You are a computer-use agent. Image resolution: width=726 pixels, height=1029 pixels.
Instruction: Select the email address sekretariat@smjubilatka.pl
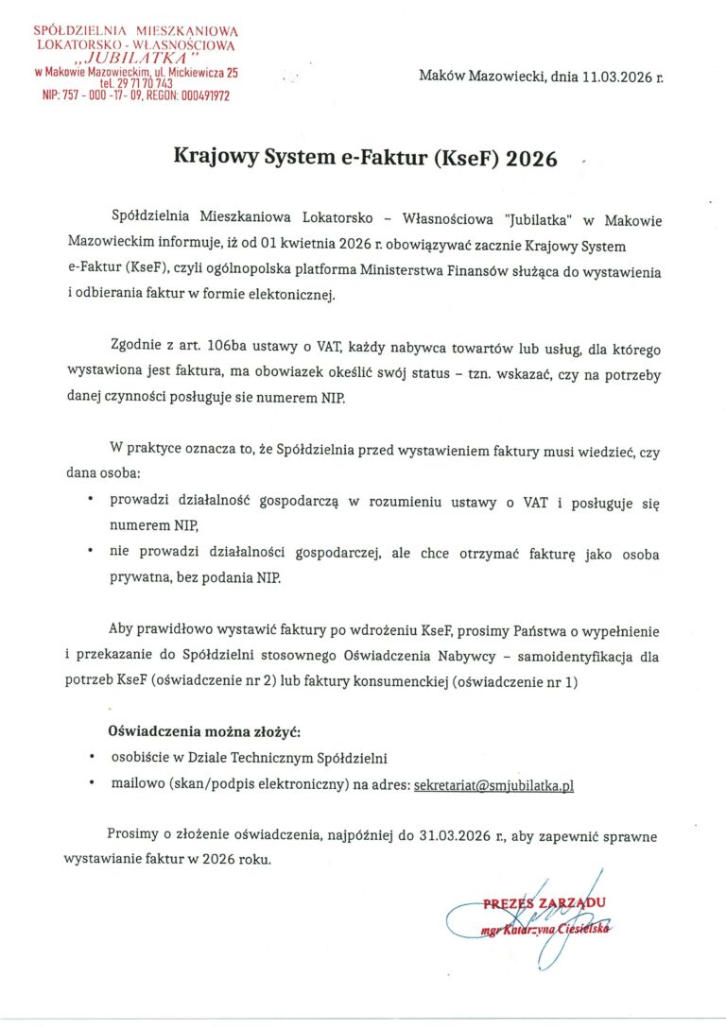point(494,784)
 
